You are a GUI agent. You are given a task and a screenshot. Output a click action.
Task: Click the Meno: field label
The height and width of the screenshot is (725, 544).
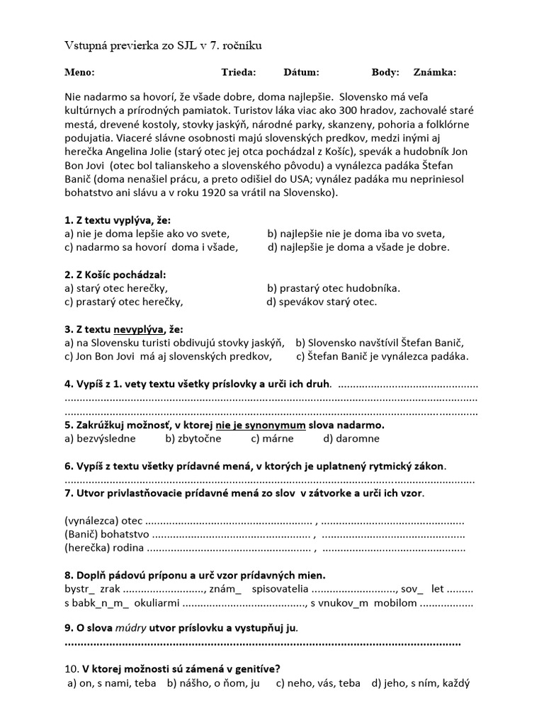click(x=79, y=72)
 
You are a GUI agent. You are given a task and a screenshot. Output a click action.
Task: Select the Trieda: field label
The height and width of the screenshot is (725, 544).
click(x=238, y=72)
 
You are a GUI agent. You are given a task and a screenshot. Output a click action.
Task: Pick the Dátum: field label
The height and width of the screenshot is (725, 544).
click(x=301, y=72)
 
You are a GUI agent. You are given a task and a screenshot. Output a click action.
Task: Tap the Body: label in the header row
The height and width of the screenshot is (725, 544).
click(x=385, y=72)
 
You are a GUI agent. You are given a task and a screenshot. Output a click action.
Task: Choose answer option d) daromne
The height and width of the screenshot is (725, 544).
click(x=351, y=438)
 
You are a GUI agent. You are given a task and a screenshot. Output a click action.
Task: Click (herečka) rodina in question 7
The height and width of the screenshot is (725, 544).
click(x=104, y=547)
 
